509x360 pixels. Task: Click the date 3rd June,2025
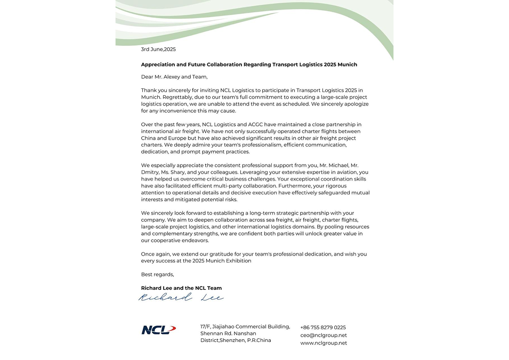158,50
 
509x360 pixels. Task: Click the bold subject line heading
249,64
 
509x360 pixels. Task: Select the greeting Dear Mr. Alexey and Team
174,77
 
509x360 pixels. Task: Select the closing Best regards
157,274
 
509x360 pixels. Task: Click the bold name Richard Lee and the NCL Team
181,288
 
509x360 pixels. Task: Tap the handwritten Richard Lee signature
181,298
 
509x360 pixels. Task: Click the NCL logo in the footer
158,330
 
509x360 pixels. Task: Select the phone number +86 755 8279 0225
323,328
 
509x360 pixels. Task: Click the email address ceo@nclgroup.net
324,336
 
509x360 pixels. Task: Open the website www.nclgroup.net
324,343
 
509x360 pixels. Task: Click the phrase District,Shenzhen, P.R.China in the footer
236,340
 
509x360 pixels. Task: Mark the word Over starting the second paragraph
147,125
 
